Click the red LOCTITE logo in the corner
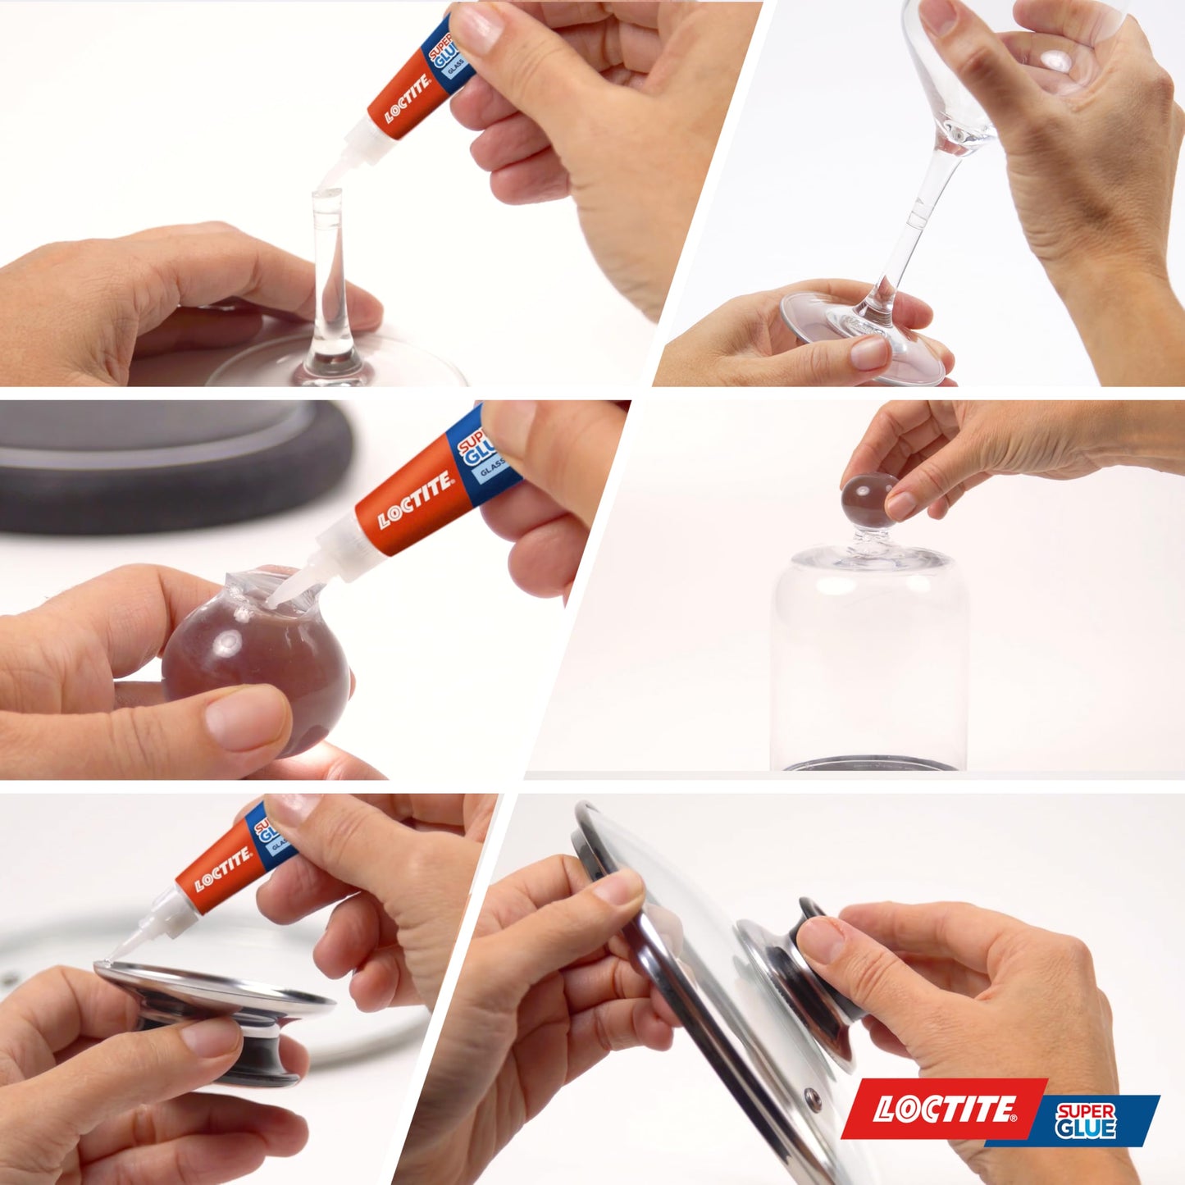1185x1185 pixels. tap(943, 1109)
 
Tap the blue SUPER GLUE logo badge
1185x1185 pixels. tap(1087, 1120)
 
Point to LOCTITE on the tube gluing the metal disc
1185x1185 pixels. tap(223, 870)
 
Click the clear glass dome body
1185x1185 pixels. tap(869, 664)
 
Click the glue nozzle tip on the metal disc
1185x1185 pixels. tap(111, 958)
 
